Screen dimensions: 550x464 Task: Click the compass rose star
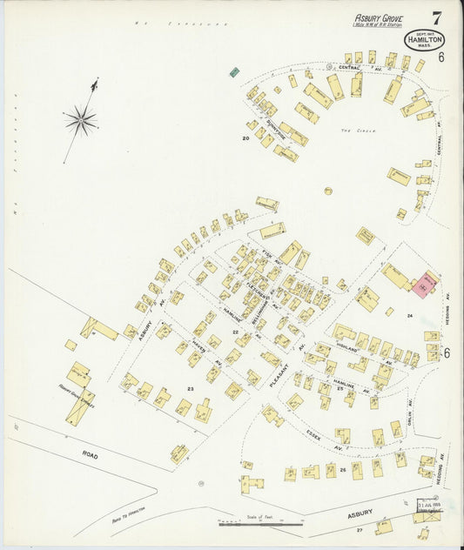79,119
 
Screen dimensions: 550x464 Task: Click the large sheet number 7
434,17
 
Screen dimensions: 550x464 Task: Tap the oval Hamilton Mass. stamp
423,39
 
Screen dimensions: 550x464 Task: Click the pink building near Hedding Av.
426,285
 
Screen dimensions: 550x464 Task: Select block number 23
190,389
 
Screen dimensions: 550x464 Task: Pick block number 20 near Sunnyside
246,137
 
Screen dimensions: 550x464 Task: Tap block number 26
343,470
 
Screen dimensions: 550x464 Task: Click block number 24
407,316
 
